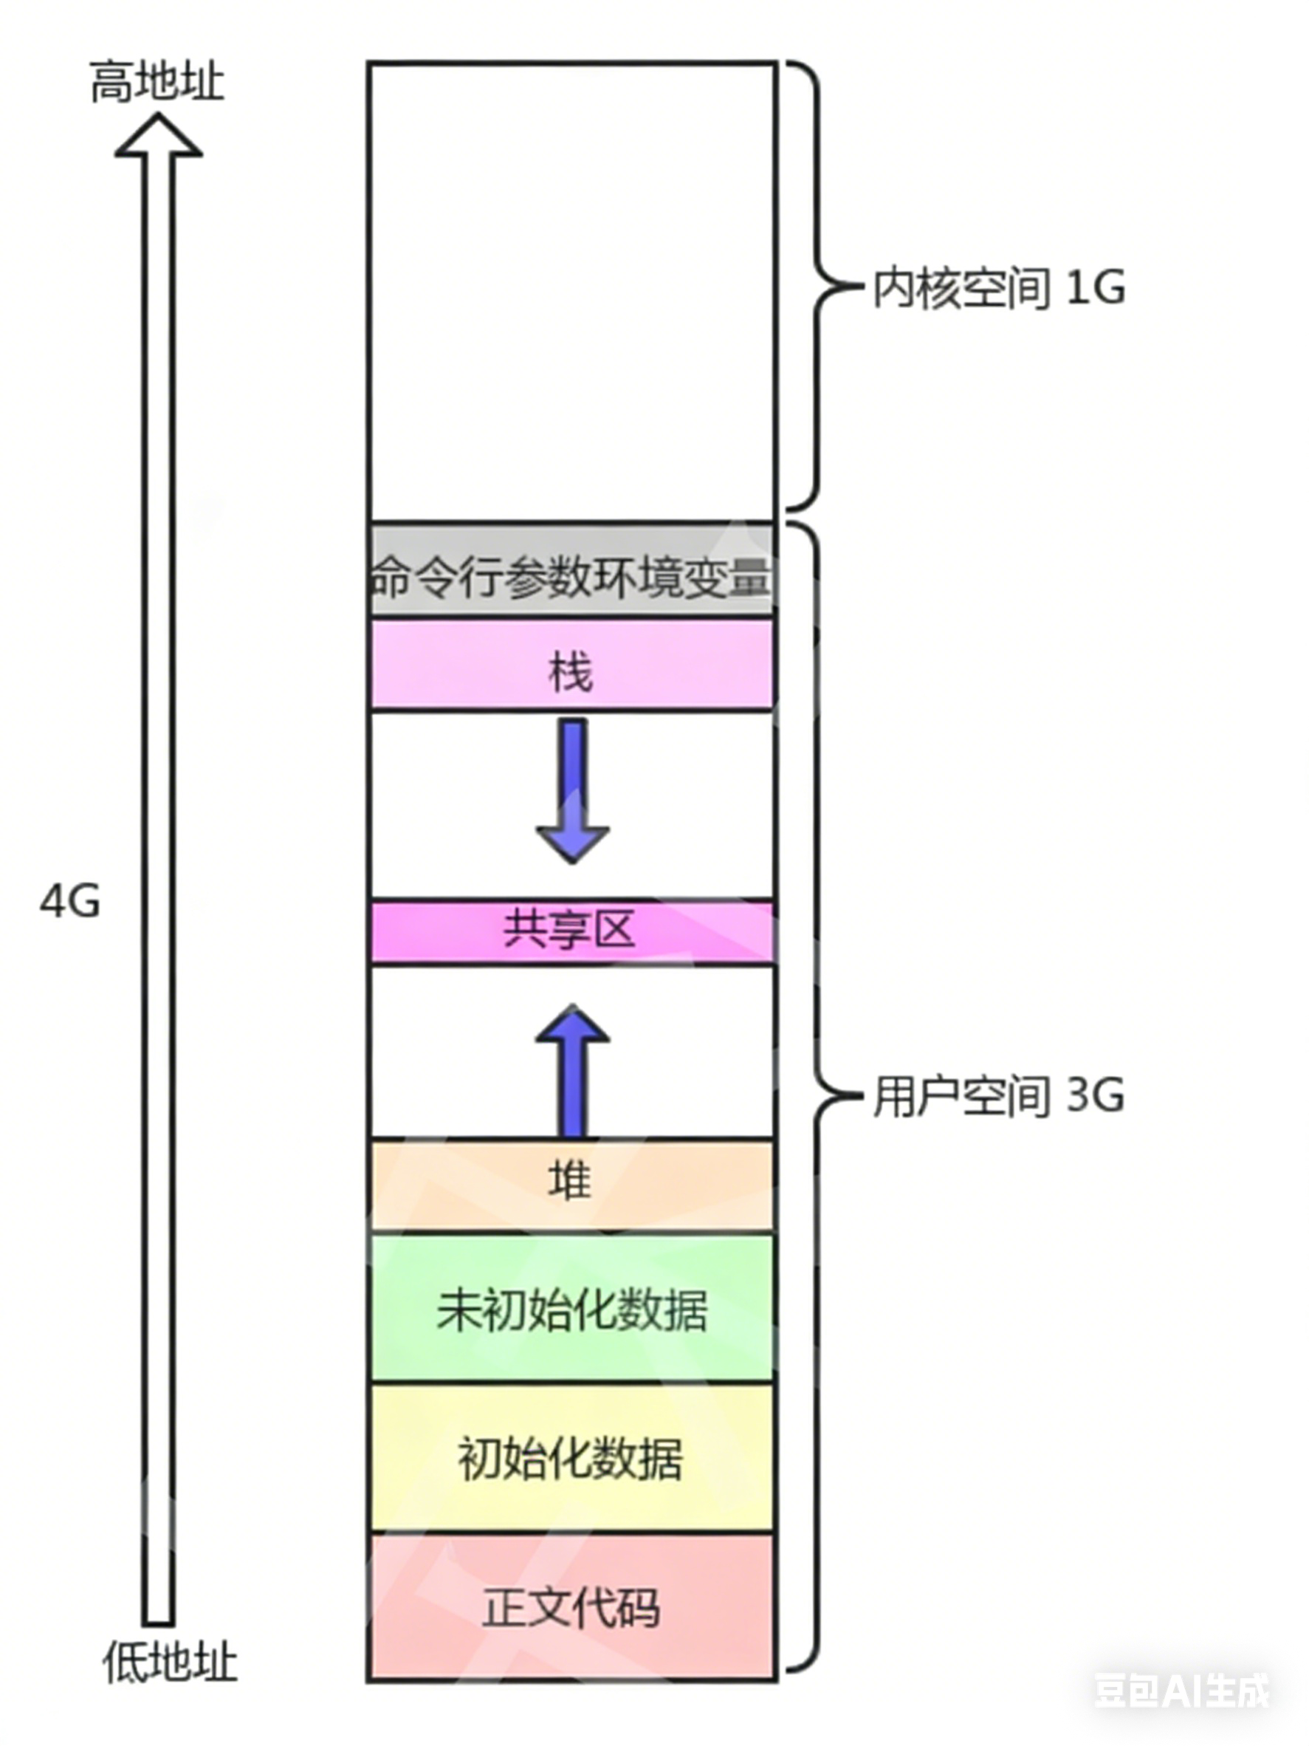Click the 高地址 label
[x=157, y=82]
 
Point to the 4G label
[x=70, y=900]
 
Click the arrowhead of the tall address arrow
[x=159, y=136]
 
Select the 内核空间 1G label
[x=998, y=288]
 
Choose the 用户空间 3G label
[x=998, y=1096]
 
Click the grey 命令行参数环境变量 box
[x=572, y=568]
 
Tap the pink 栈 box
[x=572, y=665]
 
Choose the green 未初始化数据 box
[x=572, y=1308]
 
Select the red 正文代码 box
[x=572, y=1606]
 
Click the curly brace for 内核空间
[x=817, y=286]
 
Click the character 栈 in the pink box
[x=571, y=674]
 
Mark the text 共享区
[x=570, y=930]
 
